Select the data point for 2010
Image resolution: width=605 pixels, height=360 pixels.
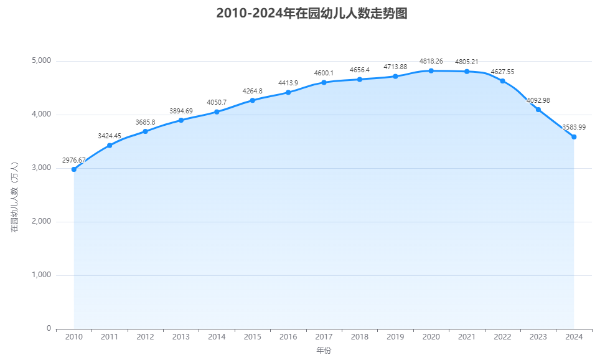[74, 169]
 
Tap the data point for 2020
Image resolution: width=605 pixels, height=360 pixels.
[431, 71]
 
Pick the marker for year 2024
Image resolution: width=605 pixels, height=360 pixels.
[574, 137]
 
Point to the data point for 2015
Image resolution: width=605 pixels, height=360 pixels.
[253, 100]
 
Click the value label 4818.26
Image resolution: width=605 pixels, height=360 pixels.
[431, 61]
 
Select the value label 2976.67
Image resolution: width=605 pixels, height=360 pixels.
[74, 160]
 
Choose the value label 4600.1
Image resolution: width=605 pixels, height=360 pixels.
[324, 73]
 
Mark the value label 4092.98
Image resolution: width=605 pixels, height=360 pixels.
[538, 100]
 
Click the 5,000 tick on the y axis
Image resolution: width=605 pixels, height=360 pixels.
[40, 61]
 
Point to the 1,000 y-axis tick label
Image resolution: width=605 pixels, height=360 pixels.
[40, 275]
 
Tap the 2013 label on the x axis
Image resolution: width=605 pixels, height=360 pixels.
[181, 337]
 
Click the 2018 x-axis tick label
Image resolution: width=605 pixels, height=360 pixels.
[360, 337]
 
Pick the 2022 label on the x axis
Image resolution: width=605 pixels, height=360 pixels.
[502, 337]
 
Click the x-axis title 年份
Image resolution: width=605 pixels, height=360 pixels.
[324, 351]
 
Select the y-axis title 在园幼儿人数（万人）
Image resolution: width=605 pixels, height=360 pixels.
[15, 197]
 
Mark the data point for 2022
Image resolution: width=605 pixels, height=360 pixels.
[502, 81]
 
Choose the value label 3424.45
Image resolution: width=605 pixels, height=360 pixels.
[110, 136]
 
